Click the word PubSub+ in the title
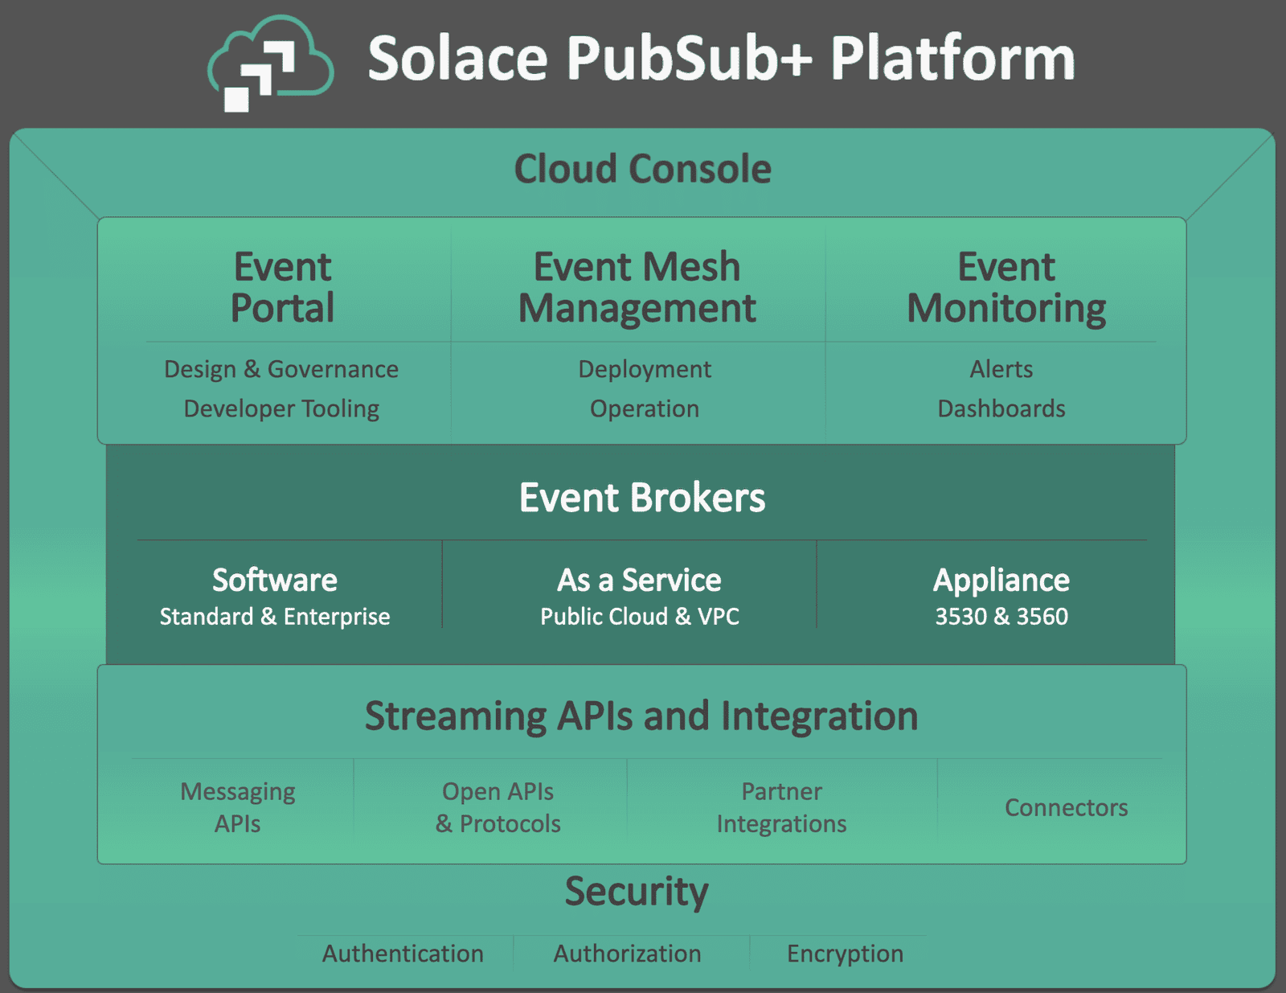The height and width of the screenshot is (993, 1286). (689, 59)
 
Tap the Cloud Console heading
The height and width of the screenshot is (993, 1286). (642, 169)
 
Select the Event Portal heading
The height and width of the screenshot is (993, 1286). (282, 287)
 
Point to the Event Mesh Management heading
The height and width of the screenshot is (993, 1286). (637, 287)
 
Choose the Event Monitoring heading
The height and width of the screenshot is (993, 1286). (1006, 287)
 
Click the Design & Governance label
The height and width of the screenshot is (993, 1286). (281, 369)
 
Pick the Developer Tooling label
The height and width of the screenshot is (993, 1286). (281, 408)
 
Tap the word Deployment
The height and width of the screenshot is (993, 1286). (645, 369)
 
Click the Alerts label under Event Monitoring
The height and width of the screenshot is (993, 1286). (1001, 369)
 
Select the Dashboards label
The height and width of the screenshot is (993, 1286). (1001, 408)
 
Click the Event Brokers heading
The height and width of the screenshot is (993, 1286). (642, 498)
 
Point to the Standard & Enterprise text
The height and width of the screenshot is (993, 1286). (275, 617)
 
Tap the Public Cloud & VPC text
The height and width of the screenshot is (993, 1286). (640, 617)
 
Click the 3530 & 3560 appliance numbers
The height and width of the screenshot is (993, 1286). (1001, 617)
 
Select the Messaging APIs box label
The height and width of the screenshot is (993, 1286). (238, 807)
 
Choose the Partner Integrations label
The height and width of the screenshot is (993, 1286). (781, 807)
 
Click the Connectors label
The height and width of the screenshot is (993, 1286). (1067, 807)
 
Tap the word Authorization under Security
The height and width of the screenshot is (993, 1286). (627, 954)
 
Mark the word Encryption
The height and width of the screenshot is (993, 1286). (845, 954)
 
